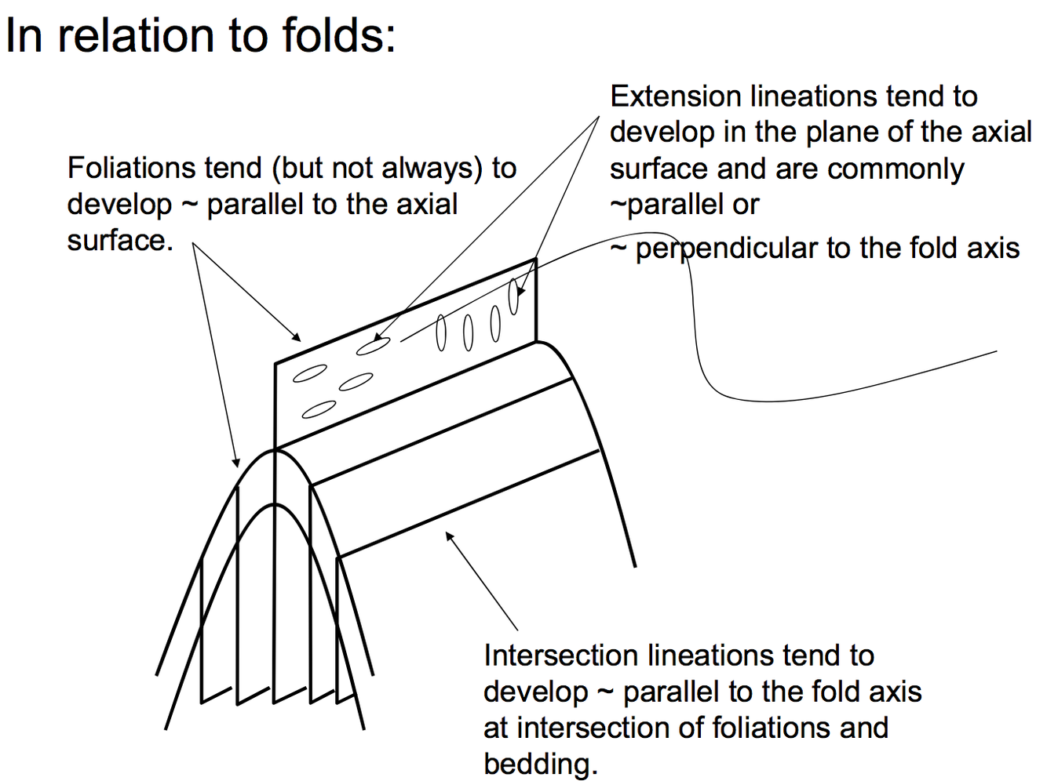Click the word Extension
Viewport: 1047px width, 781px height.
pos(676,96)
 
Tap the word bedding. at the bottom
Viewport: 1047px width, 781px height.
pos(540,764)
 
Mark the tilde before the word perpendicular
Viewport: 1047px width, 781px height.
pos(618,249)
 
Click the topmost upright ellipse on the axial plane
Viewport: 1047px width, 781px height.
pos(514,296)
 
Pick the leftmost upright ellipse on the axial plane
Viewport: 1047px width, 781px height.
pos(441,332)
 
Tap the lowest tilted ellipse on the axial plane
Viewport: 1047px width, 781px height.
pos(319,409)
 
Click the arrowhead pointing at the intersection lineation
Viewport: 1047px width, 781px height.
pos(449,536)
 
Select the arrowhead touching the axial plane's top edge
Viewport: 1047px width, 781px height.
pos(297,338)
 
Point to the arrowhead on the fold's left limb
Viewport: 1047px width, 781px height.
pos(236,463)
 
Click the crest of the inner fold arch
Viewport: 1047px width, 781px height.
pos(275,504)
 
